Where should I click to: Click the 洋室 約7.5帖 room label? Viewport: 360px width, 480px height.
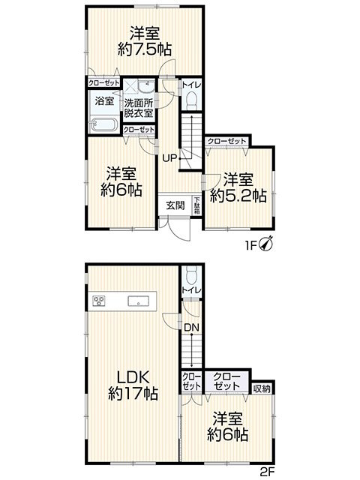point(145,41)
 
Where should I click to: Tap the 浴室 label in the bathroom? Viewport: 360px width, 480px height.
point(104,101)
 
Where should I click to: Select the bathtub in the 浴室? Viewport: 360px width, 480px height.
point(104,125)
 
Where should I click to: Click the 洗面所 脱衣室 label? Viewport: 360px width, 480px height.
point(138,108)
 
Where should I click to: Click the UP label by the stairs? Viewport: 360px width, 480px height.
point(169,158)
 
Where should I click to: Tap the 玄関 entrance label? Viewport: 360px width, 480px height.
point(175,205)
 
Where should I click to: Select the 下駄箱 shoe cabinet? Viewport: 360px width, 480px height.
point(196,205)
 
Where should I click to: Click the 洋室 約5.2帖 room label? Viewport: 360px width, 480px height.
point(238,187)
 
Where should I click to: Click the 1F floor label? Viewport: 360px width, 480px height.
point(250,245)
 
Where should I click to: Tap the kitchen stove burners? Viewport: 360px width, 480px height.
point(99,301)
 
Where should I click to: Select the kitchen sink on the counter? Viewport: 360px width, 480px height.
point(138,301)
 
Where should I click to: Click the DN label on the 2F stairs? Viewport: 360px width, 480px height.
point(192,328)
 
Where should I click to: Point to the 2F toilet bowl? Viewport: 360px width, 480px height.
point(192,276)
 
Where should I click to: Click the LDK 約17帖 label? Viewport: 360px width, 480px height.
point(133,385)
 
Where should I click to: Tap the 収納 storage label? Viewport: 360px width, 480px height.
point(262,388)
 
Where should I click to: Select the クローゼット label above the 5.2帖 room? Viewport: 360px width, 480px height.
point(226,141)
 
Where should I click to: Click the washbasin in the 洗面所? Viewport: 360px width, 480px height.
point(146,87)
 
